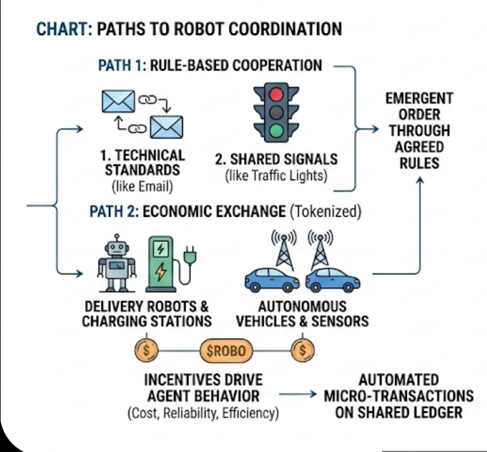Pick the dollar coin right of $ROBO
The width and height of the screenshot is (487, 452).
click(302, 351)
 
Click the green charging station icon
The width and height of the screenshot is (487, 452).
click(162, 264)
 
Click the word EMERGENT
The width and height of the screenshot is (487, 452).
click(419, 99)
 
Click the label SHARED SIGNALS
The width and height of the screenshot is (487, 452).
click(276, 159)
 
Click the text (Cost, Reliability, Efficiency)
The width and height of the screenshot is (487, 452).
click(203, 413)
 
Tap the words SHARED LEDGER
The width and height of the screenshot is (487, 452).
click(399, 412)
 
